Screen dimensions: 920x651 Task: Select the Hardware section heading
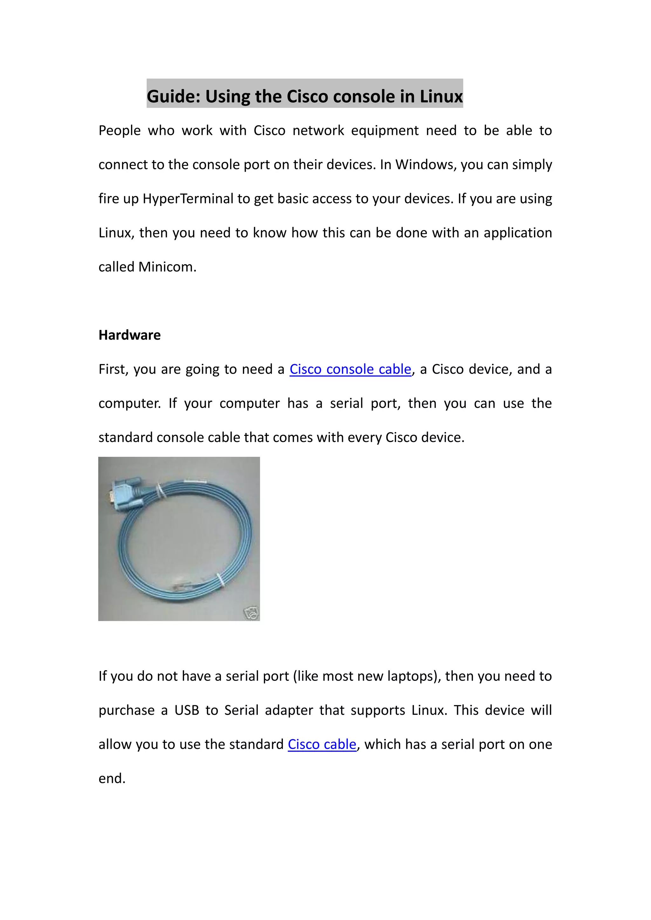(x=129, y=335)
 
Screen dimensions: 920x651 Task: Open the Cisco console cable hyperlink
(x=350, y=369)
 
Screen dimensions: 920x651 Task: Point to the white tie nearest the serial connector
(x=161, y=491)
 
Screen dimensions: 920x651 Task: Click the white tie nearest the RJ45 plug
(x=220, y=581)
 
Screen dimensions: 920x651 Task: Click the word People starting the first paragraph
(x=120, y=131)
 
